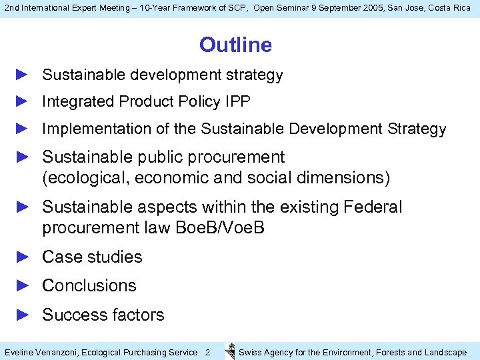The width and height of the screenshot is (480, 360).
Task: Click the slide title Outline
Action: (235, 45)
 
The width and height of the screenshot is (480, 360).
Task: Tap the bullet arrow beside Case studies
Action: (23, 257)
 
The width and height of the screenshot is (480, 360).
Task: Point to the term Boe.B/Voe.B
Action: (220, 228)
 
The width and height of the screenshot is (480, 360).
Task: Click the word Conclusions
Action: (89, 285)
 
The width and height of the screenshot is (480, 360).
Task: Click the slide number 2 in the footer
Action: (207, 352)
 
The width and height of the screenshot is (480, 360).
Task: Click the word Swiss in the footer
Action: (250, 352)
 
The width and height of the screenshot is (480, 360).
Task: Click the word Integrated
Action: (78, 101)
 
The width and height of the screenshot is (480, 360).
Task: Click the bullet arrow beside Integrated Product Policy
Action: (23, 101)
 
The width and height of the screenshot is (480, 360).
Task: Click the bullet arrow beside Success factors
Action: (23, 315)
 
